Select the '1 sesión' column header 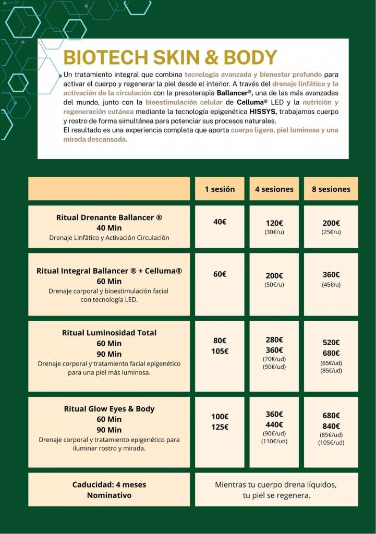pyautogui.click(x=220, y=189)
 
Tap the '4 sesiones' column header pyautogui.click(x=274, y=189)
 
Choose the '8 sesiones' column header pyautogui.click(x=331, y=189)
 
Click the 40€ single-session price pyautogui.click(x=220, y=222)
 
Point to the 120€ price pyautogui.click(x=274, y=223)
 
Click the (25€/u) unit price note pyautogui.click(x=331, y=232)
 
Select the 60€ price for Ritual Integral pyautogui.click(x=220, y=274)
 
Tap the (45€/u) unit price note pyautogui.click(x=331, y=285)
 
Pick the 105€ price pyautogui.click(x=220, y=351)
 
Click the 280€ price pyautogui.click(x=274, y=340)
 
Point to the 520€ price pyautogui.click(x=331, y=343)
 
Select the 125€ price pyautogui.click(x=220, y=427)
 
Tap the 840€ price pyautogui.click(x=331, y=426)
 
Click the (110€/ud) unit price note pyautogui.click(x=274, y=442)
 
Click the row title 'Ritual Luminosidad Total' pyautogui.click(x=109, y=333)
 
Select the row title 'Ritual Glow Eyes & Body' pyautogui.click(x=109, y=409)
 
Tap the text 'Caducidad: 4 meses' pyautogui.click(x=109, y=484)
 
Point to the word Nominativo pyautogui.click(x=109, y=495)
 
